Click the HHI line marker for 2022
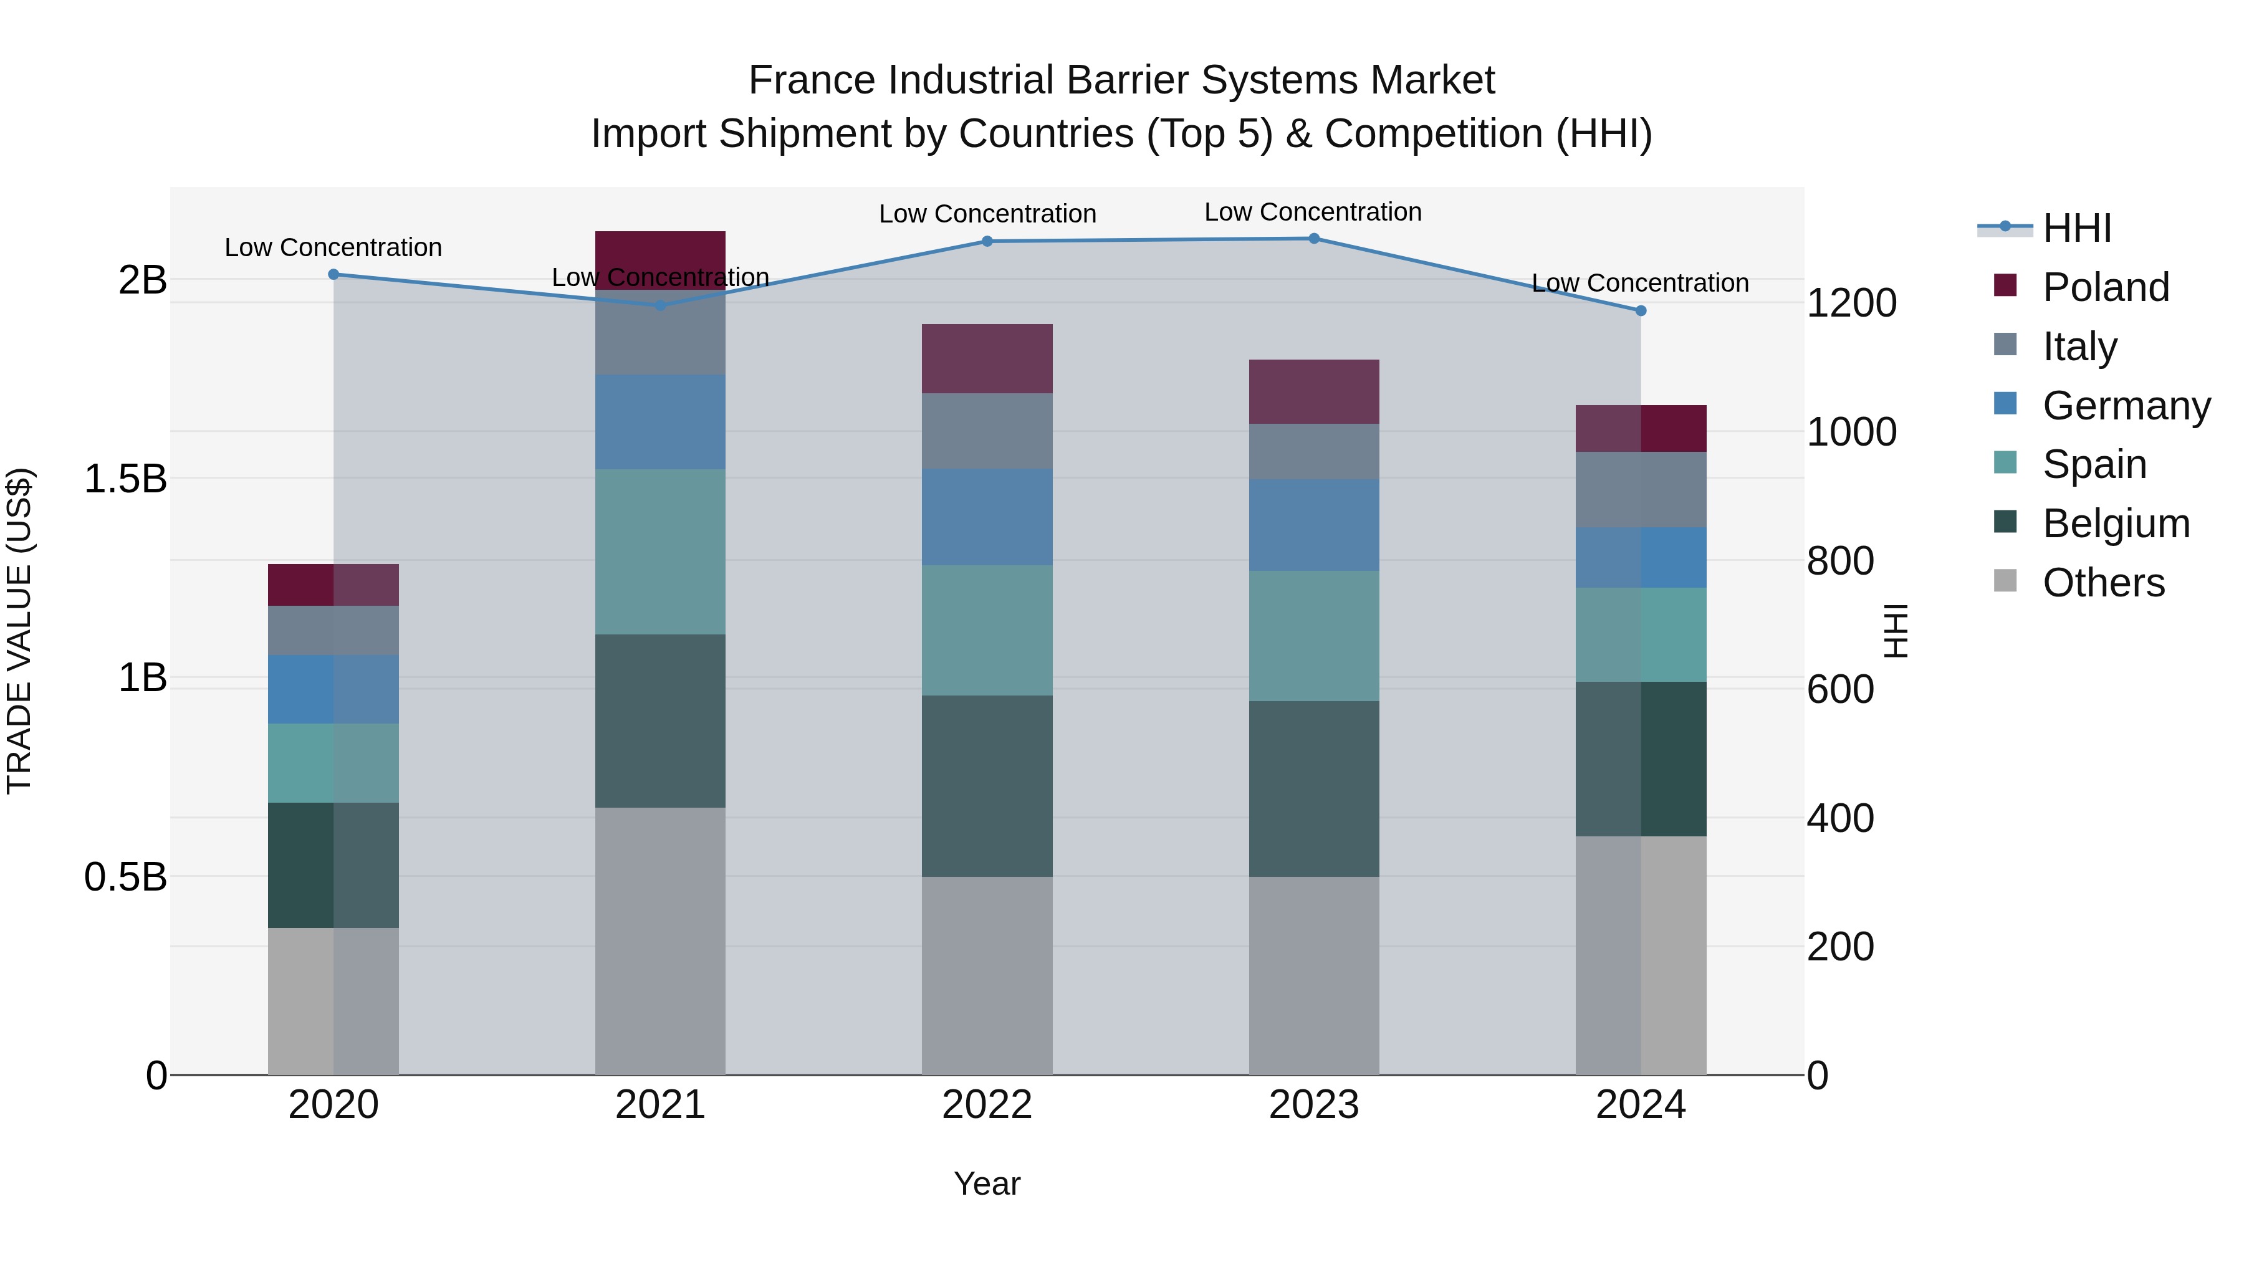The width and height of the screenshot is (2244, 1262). click(x=987, y=241)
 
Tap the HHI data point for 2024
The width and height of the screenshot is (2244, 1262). click(x=1641, y=311)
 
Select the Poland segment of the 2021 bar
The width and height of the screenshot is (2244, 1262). click(x=660, y=259)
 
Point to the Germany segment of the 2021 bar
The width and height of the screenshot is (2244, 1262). click(x=660, y=423)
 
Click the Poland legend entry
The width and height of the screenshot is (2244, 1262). click(x=2106, y=287)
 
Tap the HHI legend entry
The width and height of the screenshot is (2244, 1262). click(x=2077, y=228)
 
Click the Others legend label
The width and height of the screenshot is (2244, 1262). click(x=2104, y=583)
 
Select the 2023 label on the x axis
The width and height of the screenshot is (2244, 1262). click(x=1313, y=1105)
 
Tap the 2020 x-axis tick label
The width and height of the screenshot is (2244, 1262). click(x=333, y=1105)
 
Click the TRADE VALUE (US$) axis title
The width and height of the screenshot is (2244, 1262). click(x=19, y=631)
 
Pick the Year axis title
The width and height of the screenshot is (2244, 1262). click(x=987, y=1183)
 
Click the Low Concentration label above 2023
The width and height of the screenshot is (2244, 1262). click(x=1313, y=212)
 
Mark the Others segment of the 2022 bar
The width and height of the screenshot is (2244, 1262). click(x=987, y=975)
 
